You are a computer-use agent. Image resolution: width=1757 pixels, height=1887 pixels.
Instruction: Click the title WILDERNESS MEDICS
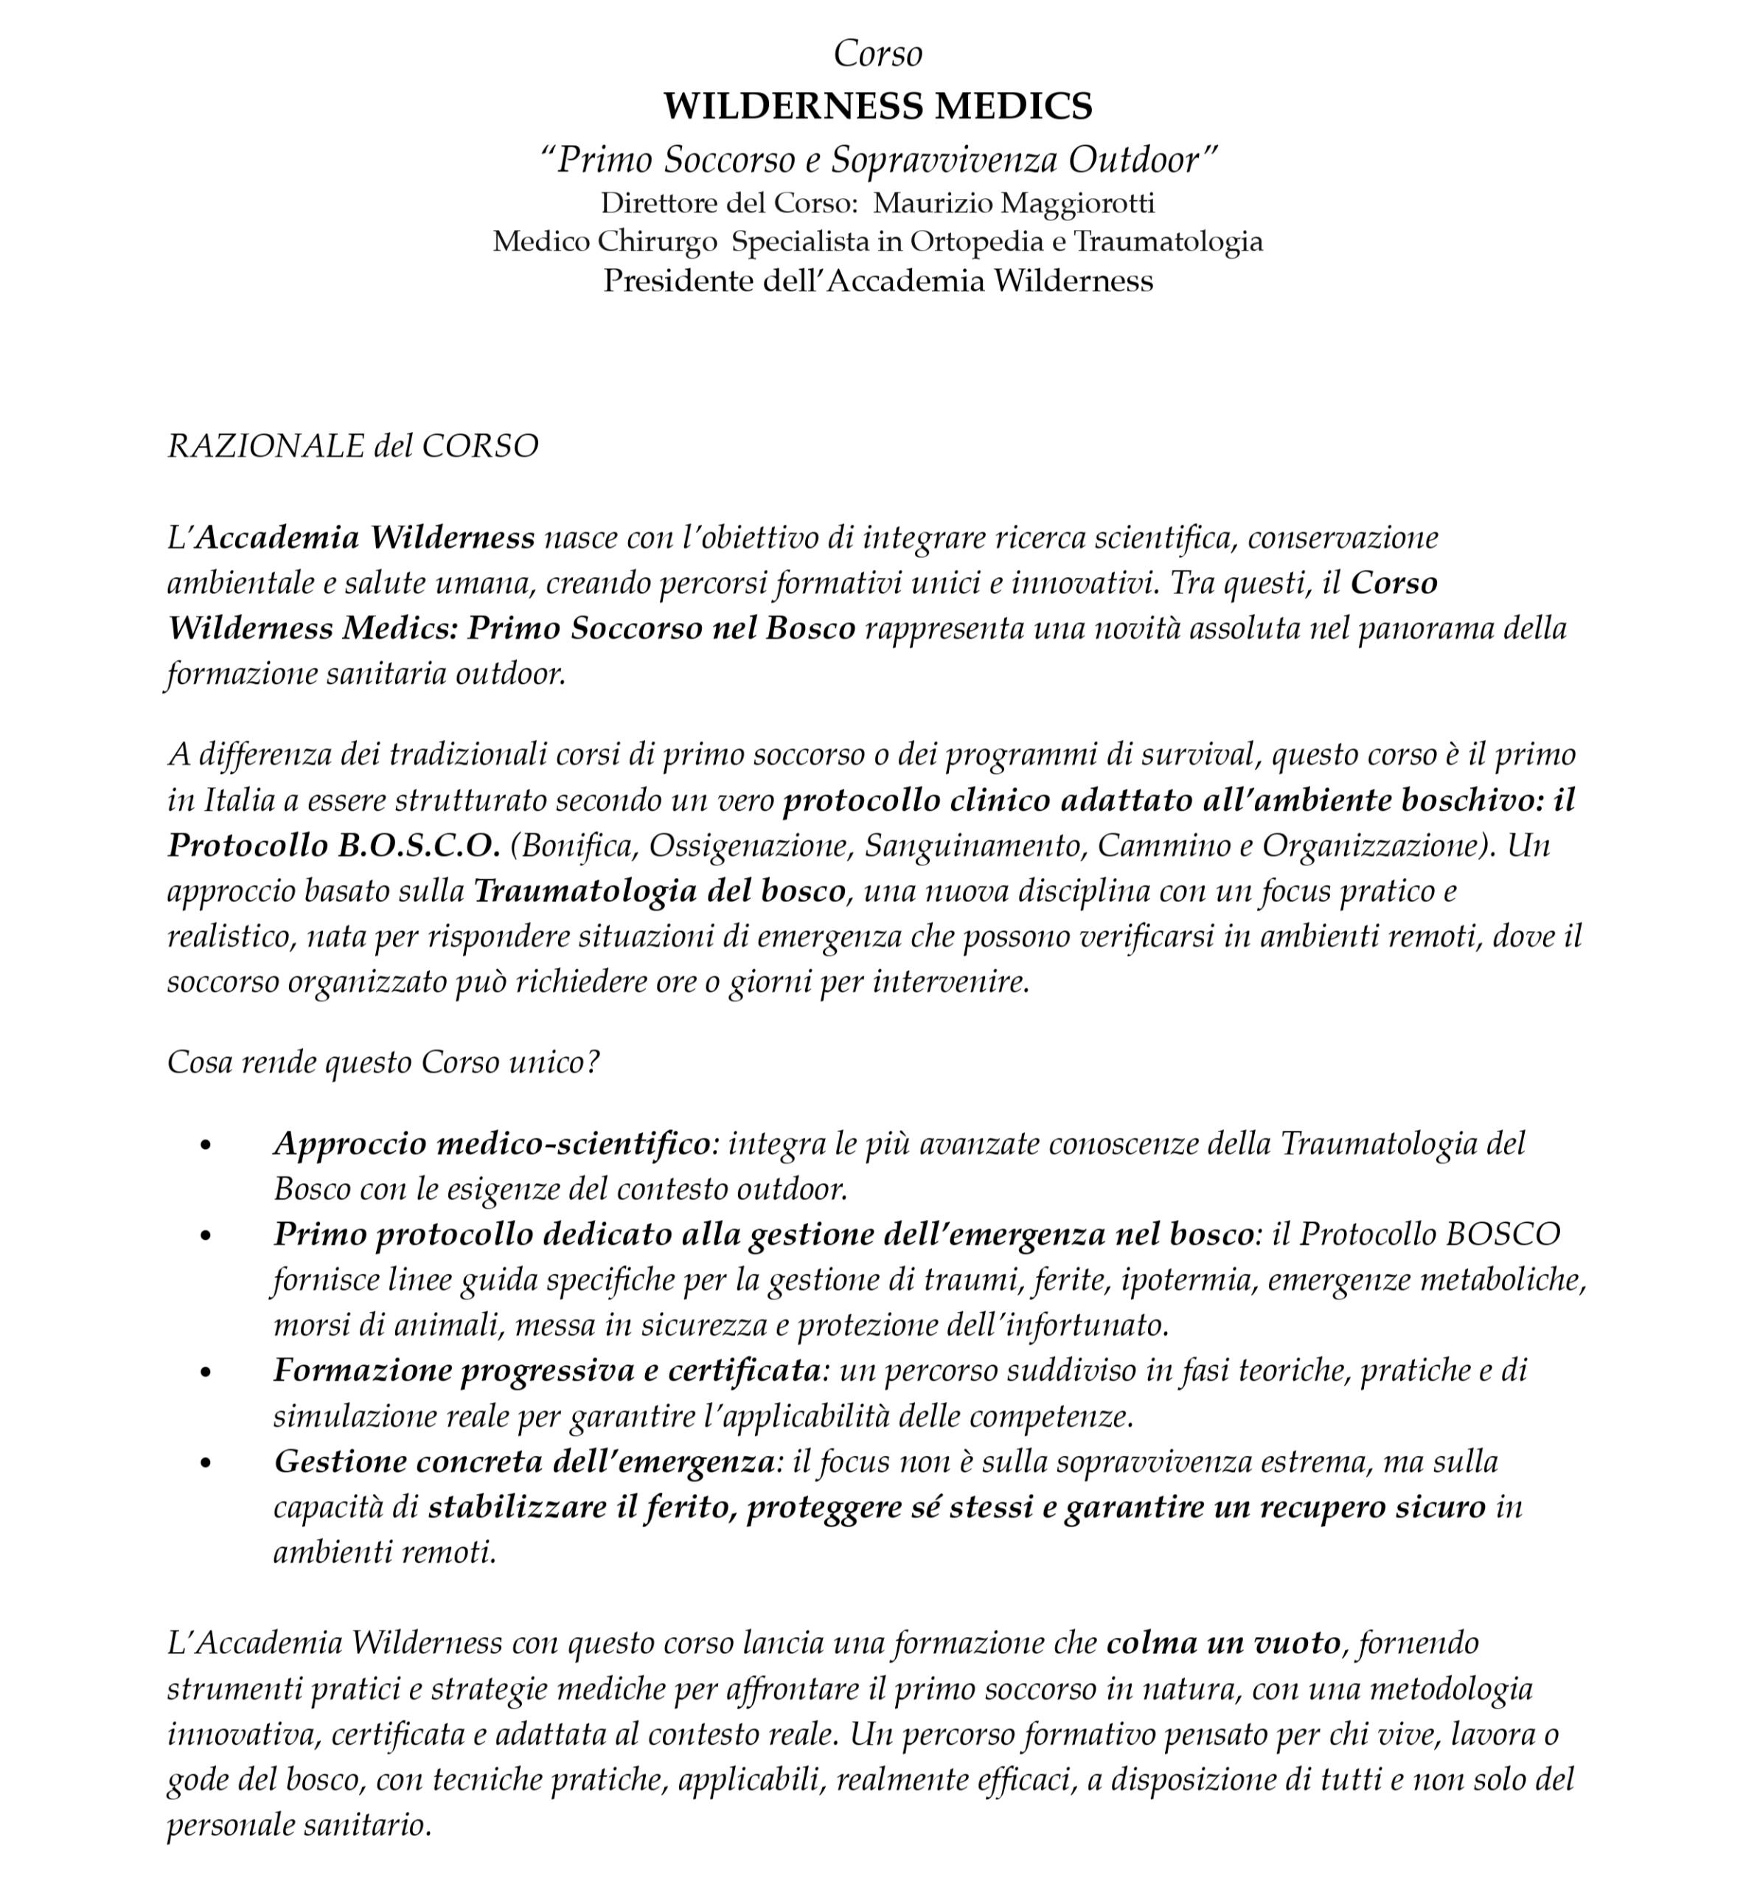click(x=877, y=105)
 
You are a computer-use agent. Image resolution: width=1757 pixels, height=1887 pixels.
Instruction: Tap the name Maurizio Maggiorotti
click(x=1013, y=203)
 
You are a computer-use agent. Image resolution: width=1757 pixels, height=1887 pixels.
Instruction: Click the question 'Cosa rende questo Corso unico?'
click(x=383, y=1062)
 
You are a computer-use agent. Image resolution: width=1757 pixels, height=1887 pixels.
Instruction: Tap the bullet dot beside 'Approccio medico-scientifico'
click(x=206, y=1145)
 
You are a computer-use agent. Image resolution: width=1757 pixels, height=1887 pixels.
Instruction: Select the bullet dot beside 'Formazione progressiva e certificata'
click(x=206, y=1372)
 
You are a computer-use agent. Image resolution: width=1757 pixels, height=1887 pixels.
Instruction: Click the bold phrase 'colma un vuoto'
click(x=1222, y=1643)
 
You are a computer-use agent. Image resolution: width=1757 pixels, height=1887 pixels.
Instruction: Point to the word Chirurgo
click(x=657, y=242)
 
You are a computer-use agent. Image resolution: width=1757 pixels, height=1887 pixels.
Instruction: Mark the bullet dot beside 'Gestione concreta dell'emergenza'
click(x=206, y=1462)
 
